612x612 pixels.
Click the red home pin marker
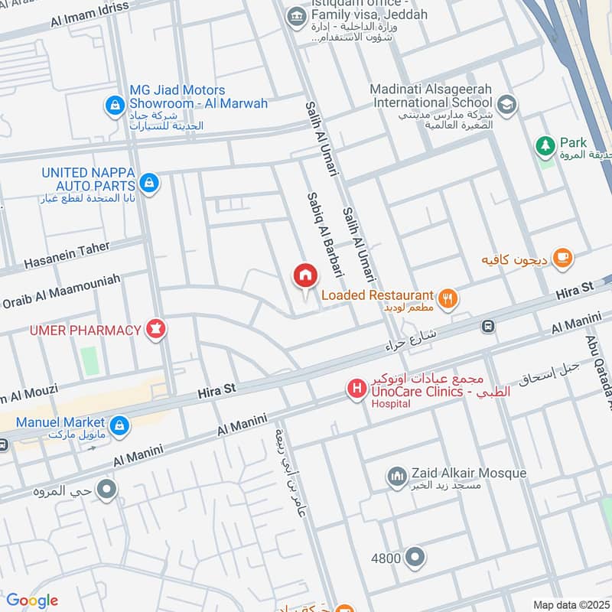click(304, 276)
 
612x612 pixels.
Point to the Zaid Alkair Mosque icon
click(396, 478)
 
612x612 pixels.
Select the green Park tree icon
click(545, 144)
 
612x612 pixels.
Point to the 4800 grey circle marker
click(415, 557)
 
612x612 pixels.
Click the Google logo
click(32, 601)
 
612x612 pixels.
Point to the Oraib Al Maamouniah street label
click(61, 291)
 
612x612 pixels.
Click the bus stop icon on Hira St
click(487, 327)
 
